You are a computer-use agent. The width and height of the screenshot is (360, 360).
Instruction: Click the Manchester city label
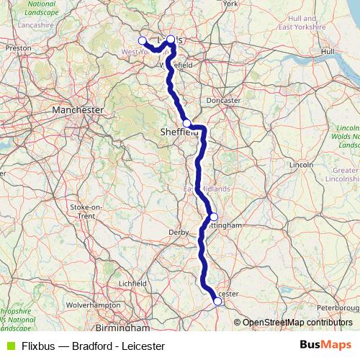tap(78, 109)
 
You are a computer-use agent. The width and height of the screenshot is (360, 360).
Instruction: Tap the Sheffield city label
tap(179, 132)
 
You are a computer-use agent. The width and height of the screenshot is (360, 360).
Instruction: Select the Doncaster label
tap(223, 101)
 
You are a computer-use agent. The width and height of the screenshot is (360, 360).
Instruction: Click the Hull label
tap(328, 52)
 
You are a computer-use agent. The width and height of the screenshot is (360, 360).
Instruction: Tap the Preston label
tap(16, 48)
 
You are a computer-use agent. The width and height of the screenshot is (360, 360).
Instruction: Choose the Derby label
tap(178, 233)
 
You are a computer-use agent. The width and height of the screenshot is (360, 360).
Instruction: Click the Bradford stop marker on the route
tap(143, 40)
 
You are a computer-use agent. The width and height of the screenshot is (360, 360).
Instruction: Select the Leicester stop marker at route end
tap(217, 302)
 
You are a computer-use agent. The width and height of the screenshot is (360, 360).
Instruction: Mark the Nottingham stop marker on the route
tap(214, 217)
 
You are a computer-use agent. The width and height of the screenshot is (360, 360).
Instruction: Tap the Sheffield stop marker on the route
tap(186, 123)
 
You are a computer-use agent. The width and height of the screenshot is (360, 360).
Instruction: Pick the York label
tap(230, 4)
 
